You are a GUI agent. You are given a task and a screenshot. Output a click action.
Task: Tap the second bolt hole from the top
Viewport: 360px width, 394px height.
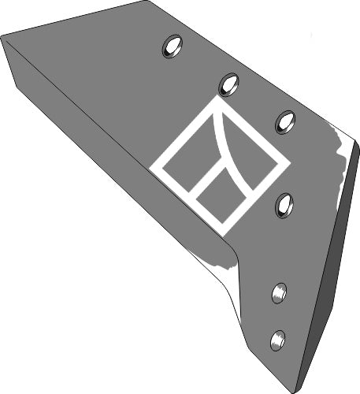point(229,83)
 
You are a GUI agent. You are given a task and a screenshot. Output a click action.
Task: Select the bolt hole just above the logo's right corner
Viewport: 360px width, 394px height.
point(285,121)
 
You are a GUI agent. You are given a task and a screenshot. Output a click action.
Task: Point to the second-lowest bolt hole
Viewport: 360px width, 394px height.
point(280,293)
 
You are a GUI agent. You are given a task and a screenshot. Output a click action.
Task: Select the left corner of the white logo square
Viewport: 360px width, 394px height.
point(151,168)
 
